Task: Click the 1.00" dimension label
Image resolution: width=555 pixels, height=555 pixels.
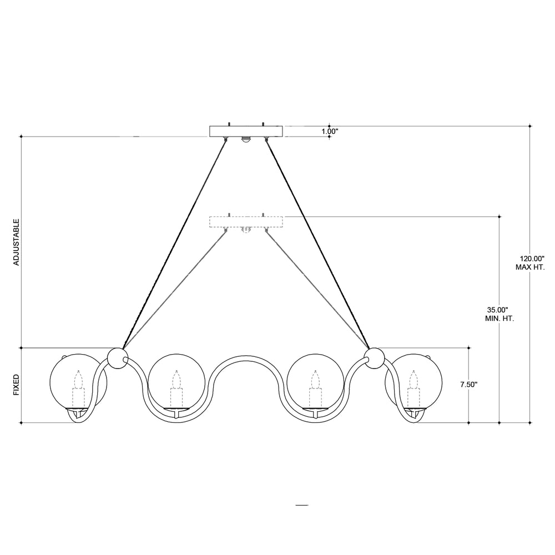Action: tap(330, 132)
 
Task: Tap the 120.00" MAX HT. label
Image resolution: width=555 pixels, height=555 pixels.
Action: tap(529, 263)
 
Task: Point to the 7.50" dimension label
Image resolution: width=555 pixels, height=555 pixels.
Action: tap(469, 385)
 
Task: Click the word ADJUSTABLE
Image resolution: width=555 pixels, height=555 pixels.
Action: tap(16, 242)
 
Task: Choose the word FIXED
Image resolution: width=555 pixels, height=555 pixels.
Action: tap(16, 385)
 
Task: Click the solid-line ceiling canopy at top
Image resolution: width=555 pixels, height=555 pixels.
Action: tap(246, 132)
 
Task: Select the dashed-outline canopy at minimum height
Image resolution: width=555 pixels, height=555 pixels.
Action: tap(246, 221)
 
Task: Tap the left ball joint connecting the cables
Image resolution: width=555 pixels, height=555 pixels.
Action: tap(117, 358)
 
